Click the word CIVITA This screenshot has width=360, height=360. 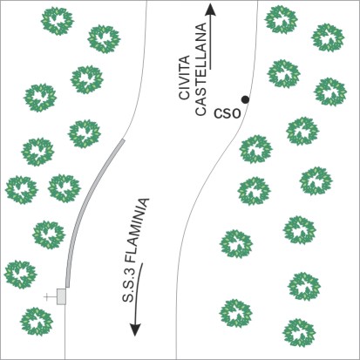185,78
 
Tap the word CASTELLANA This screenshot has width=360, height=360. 200,69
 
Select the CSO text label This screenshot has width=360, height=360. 228,113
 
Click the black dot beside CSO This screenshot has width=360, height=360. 245,99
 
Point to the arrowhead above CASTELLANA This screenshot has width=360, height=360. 210,10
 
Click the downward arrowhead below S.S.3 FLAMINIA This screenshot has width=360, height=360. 135,329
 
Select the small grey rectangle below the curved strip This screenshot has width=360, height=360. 61,296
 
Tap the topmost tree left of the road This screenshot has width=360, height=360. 58,21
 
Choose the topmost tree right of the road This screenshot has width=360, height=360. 282,19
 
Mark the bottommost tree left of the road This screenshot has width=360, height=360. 37,322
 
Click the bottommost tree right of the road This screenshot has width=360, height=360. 299,333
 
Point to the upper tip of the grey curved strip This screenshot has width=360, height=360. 124,139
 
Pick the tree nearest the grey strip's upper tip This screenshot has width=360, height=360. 85,134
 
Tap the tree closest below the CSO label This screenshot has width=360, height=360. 256,149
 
